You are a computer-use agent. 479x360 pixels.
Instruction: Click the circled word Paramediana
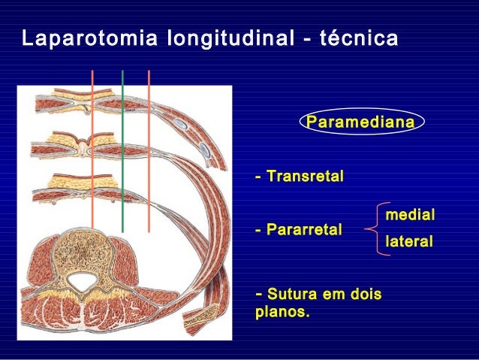point(361,122)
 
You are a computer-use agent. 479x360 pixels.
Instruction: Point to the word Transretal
point(304,177)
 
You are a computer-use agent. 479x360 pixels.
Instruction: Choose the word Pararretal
point(303,228)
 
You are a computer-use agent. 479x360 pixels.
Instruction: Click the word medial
point(410,215)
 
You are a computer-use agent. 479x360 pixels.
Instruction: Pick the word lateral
point(409,242)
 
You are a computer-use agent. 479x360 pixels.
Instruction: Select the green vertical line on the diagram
point(122,150)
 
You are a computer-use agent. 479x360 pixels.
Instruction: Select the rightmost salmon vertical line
point(149,150)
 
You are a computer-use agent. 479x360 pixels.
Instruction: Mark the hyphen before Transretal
point(259,177)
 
